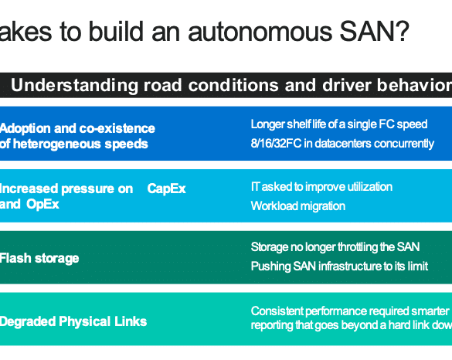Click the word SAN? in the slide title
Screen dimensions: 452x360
[x=375, y=31]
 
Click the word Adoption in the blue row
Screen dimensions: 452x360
[x=25, y=129]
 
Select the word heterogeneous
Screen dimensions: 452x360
[x=56, y=144]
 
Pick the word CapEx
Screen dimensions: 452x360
[x=166, y=188]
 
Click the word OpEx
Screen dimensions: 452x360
[x=42, y=205]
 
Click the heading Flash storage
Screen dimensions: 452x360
[x=39, y=258]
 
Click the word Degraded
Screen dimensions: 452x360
[x=28, y=322]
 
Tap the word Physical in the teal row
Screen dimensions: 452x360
[x=85, y=321]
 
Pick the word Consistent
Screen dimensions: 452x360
[x=277, y=311]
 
